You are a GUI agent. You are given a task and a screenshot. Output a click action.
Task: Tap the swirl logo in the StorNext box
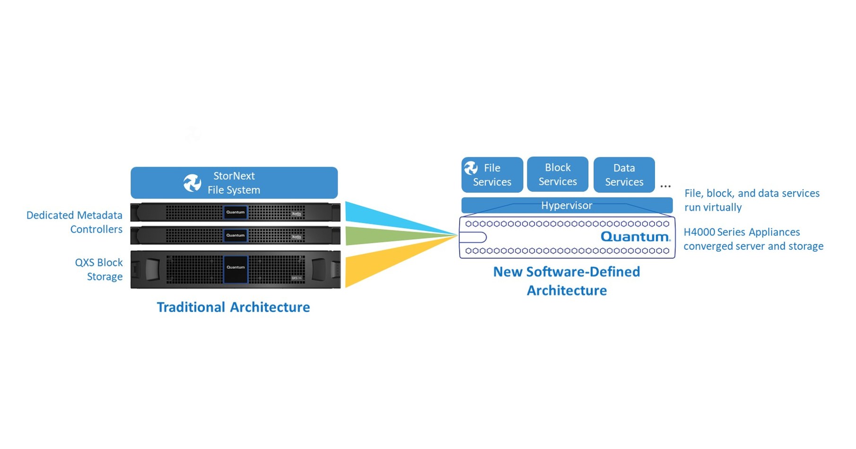pyautogui.click(x=192, y=183)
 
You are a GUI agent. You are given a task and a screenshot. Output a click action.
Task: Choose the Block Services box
pyautogui.click(x=558, y=174)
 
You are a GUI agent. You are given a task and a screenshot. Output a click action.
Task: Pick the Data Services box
pyautogui.click(x=624, y=175)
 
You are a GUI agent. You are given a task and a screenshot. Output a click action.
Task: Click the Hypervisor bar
pyautogui.click(x=567, y=206)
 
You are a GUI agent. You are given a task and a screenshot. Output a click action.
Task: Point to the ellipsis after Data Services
pyautogui.click(x=665, y=186)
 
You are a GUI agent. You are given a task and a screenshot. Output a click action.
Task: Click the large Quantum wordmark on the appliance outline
pyautogui.click(x=635, y=237)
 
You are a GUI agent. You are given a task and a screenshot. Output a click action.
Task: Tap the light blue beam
pyautogui.click(x=378, y=216)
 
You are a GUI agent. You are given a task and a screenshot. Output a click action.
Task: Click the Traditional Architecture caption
pyautogui.click(x=233, y=307)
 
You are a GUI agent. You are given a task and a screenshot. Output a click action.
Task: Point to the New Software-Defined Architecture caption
pyautogui.click(x=567, y=281)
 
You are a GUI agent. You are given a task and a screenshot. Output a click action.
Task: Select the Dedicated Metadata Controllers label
pyautogui.click(x=74, y=222)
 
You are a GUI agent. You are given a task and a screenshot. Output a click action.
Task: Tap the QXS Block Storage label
pyautogui.click(x=99, y=269)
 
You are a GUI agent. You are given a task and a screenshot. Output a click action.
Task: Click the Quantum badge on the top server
pyautogui.click(x=235, y=212)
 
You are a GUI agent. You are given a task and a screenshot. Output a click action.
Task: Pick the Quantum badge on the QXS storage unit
pyautogui.click(x=236, y=268)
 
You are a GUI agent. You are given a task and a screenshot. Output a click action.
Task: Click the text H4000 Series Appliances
pyautogui.click(x=742, y=232)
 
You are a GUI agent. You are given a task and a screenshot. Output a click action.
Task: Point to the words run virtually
pyautogui.click(x=713, y=207)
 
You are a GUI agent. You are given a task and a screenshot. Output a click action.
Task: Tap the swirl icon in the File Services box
pyautogui.click(x=471, y=168)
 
